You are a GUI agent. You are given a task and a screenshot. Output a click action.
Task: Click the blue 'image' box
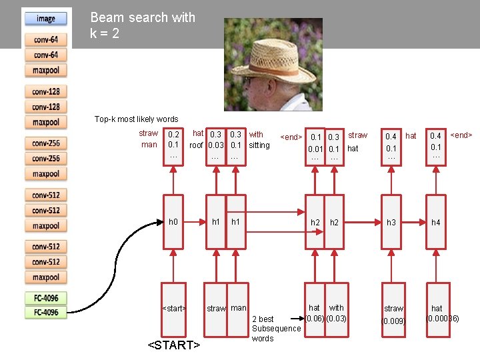click(46, 19)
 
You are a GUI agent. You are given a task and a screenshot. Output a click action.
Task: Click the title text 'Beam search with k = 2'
click(142, 25)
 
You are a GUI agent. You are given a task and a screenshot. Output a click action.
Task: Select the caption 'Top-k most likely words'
click(136, 119)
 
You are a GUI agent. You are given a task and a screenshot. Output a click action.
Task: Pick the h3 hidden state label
click(391, 222)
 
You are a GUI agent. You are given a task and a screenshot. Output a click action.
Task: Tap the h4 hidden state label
click(436, 222)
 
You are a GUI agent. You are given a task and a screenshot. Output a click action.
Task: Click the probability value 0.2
click(173, 135)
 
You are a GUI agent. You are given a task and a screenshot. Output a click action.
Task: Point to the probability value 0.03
click(215, 145)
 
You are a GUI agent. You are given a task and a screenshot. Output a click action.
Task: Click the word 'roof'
click(196, 145)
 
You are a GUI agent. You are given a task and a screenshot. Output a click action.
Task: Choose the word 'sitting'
click(259, 145)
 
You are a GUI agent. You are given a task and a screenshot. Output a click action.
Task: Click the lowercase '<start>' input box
click(173, 308)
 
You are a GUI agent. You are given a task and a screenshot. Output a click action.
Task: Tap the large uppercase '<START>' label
click(173, 345)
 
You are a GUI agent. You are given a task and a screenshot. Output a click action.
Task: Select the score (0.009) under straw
click(393, 321)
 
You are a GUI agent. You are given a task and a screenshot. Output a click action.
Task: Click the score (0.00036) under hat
click(442, 319)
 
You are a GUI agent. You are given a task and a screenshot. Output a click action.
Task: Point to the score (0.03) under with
click(337, 318)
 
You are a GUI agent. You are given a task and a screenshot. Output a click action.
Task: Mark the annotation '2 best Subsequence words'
click(275, 329)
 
